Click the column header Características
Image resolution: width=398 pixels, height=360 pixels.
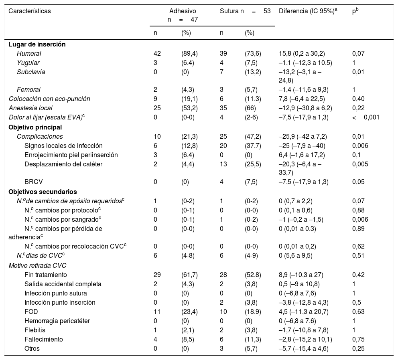(30, 12)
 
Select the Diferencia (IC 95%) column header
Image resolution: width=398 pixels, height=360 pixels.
(308, 12)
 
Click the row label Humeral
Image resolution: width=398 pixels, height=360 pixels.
(29, 53)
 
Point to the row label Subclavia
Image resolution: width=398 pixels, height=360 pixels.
(31, 72)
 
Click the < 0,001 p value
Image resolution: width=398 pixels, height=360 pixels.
(366, 117)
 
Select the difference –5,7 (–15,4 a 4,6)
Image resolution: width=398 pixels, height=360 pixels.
(303, 348)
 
